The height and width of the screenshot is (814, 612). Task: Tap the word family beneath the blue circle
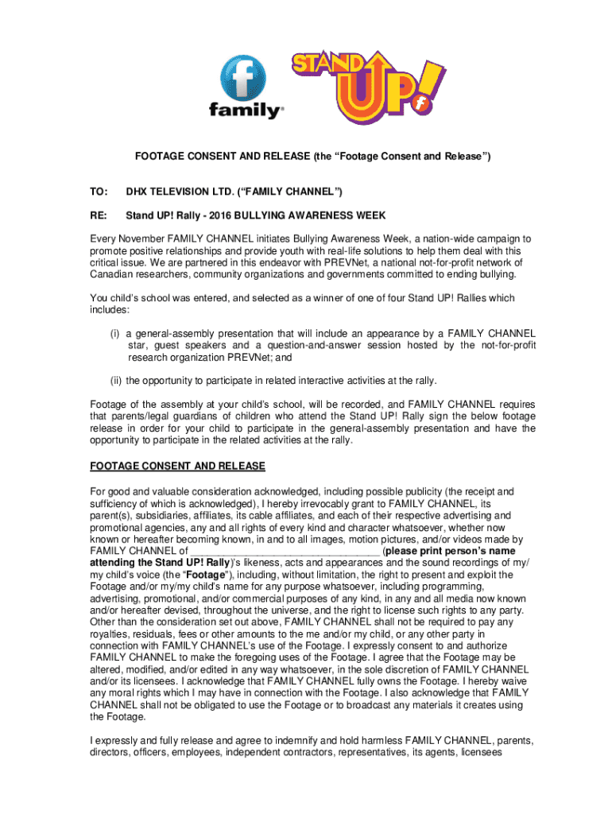coord(245,110)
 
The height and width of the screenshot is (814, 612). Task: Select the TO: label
coord(99,193)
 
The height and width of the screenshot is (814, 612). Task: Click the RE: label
coord(99,215)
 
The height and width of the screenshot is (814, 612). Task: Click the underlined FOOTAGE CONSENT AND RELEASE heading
coord(177,466)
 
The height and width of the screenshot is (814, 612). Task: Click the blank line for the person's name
coord(285,551)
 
